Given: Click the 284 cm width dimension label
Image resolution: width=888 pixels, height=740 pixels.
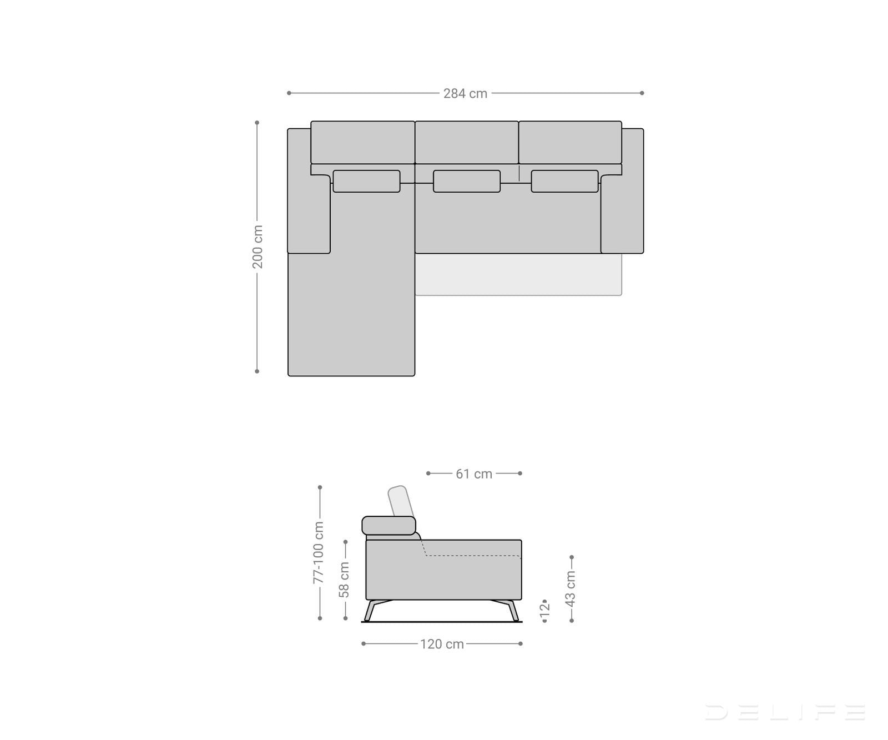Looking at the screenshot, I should click(465, 94).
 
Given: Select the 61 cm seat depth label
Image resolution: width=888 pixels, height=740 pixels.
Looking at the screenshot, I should click(474, 474).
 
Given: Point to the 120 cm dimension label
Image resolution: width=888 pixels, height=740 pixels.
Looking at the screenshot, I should click(442, 644).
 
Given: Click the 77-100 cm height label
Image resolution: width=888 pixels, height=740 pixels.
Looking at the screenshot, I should click(319, 552).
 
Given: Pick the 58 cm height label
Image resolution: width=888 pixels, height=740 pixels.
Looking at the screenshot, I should click(345, 580).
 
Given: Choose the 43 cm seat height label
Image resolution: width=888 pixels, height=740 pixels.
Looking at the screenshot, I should click(571, 587).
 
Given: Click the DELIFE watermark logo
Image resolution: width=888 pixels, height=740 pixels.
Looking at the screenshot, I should click(785, 712).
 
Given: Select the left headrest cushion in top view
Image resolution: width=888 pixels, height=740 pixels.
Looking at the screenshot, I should click(366, 182).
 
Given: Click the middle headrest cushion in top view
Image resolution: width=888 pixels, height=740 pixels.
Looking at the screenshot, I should click(466, 182).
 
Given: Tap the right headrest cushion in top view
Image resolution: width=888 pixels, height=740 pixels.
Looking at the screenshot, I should click(564, 182).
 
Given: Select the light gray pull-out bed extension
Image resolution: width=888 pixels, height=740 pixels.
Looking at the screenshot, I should click(518, 275).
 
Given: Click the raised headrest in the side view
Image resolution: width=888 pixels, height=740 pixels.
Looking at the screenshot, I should click(400, 501).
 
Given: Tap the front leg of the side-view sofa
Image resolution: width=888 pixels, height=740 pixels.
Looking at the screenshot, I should click(513, 611).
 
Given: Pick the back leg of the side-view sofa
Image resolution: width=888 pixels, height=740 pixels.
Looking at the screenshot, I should click(370, 611).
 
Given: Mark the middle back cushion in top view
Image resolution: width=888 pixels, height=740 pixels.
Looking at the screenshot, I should click(466, 143).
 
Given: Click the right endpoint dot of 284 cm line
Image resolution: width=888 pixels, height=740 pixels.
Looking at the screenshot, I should click(642, 93).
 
